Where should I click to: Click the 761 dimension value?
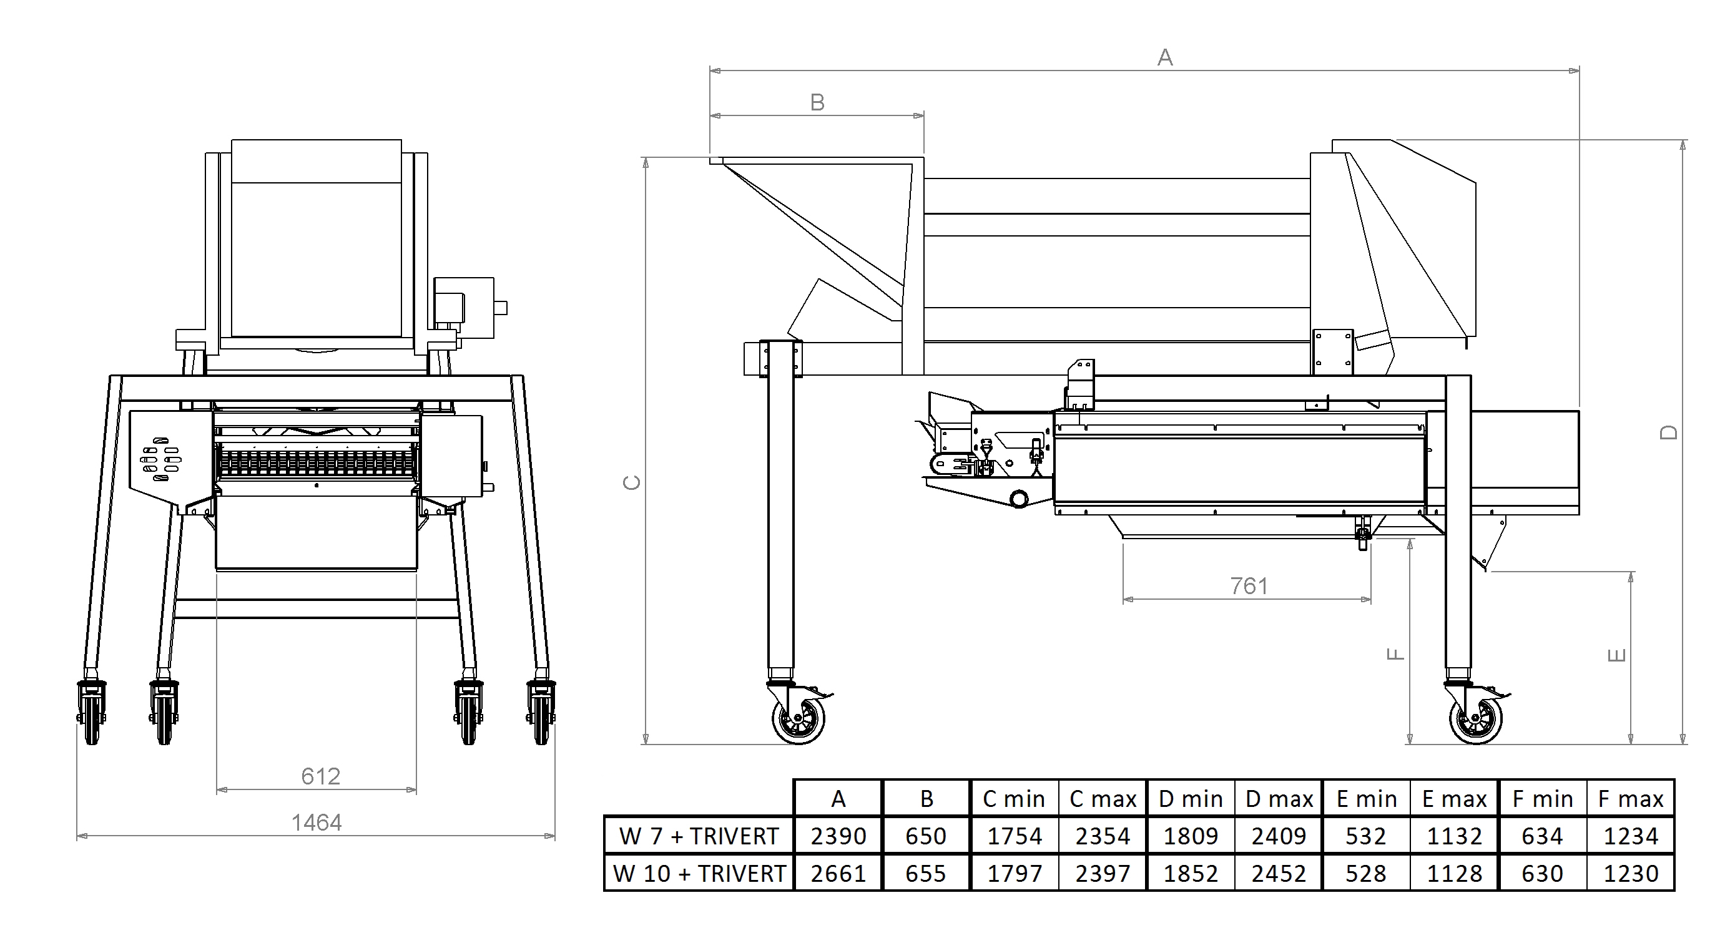click(1249, 586)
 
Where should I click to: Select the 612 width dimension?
click(320, 776)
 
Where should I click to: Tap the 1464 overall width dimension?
click(317, 823)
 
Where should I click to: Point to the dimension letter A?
click(1165, 58)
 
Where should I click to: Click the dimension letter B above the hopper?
click(817, 103)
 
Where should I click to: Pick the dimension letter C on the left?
click(632, 482)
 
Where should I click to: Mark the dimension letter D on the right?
click(1669, 433)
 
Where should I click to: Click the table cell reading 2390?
click(838, 836)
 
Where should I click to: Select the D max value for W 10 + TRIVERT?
click(1279, 873)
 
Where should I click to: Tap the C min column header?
click(1014, 799)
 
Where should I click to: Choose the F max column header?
click(1631, 799)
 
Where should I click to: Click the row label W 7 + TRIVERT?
click(699, 836)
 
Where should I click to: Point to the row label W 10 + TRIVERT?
click(699, 873)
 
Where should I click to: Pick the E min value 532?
click(1366, 836)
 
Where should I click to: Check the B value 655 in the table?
click(925, 873)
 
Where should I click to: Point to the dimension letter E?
click(1617, 655)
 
